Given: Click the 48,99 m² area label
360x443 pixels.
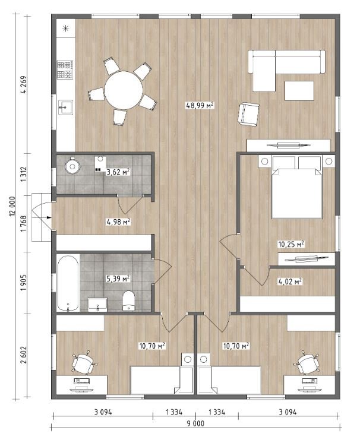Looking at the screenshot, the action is [x=200, y=106].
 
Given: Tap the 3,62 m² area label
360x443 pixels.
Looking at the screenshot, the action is [x=118, y=172].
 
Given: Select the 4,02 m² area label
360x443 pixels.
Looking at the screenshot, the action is [x=290, y=281].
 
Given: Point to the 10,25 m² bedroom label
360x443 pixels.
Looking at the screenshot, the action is [x=291, y=244].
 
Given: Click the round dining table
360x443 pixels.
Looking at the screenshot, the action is [x=124, y=90].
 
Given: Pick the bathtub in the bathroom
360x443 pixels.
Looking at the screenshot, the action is [x=68, y=283].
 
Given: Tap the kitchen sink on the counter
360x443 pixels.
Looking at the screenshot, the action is [x=65, y=107].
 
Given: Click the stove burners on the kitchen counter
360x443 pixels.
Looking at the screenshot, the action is [x=65, y=69].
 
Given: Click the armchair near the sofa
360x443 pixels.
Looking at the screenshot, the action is [x=248, y=114].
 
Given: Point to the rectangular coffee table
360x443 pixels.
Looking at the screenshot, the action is [x=299, y=91].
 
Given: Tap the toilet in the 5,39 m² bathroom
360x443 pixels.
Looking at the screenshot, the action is [x=128, y=300].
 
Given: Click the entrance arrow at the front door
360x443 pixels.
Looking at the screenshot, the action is [x=49, y=217].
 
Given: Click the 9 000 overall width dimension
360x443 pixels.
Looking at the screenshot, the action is [x=195, y=423].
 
